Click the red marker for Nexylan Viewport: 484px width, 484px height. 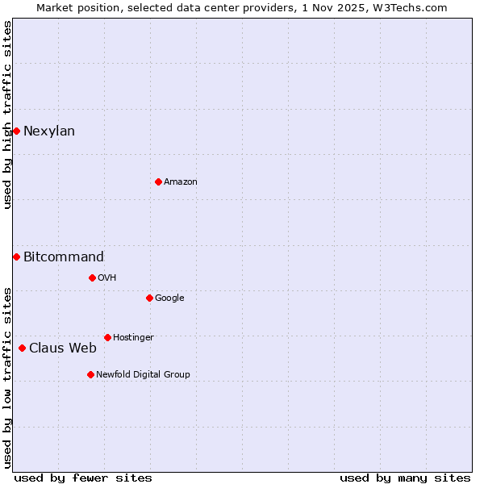pyautogui.click(x=16, y=131)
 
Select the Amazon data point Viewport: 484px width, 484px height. pyautogui.click(x=158, y=181)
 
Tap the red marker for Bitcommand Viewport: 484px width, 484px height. pyautogui.click(x=16, y=257)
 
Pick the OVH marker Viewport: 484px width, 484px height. pyautogui.click(x=92, y=277)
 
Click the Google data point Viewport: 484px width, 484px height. pyautogui.click(x=149, y=298)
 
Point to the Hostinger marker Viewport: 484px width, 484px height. pyautogui.click(x=107, y=337)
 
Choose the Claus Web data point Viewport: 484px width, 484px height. pyautogui.click(x=22, y=348)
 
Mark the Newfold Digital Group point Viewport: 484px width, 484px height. pyautogui.click(x=90, y=374)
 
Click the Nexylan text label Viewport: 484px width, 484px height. pyautogui.click(x=49, y=131)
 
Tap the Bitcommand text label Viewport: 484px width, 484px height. pyautogui.click(x=64, y=257)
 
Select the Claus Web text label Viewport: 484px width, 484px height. pyautogui.click(x=63, y=348)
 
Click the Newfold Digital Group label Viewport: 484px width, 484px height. pyautogui.click(x=143, y=374)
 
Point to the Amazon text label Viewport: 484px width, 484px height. pyautogui.click(x=181, y=182)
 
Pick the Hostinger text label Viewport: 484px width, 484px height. pyautogui.click(x=133, y=337)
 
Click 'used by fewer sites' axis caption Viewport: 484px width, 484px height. pyautogui.click(x=83, y=478)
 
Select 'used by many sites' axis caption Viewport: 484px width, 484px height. pyautogui.click(x=405, y=478)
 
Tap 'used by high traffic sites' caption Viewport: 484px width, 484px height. pyautogui.click(x=7, y=115)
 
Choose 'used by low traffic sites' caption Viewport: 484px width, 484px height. pyautogui.click(x=7, y=377)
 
